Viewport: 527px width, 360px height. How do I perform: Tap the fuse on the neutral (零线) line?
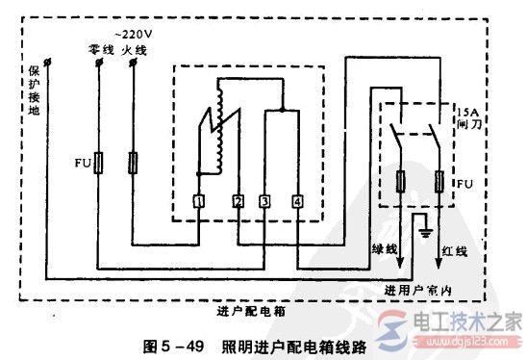point(98,166)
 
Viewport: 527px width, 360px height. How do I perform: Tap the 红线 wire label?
point(455,251)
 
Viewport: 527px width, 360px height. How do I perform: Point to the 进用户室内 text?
point(417,290)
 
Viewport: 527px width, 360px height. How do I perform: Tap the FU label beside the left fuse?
point(81,166)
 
